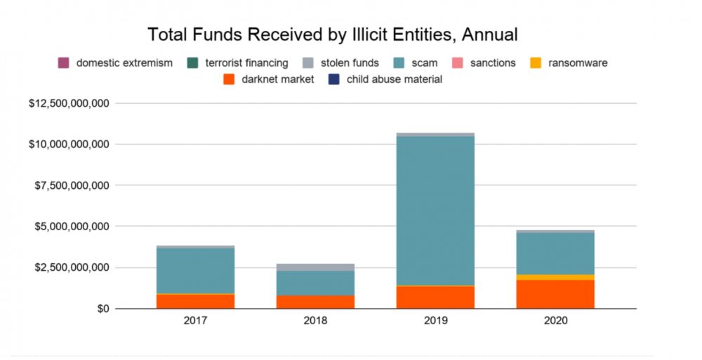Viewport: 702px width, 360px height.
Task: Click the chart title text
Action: pos(333,34)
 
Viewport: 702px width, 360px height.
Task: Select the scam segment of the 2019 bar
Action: pos(435,211)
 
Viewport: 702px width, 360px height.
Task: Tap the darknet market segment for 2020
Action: pos(555,294)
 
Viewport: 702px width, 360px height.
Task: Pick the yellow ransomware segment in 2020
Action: pos(555,277)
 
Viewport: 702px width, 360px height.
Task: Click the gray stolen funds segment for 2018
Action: pos(315,267)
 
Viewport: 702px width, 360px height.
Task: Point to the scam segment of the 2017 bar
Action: pos(195,271)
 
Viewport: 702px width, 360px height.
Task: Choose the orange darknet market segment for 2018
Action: pos(315,302)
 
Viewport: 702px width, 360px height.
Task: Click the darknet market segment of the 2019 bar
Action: pos(435,298)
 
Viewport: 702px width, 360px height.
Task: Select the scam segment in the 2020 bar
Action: pos(555,253)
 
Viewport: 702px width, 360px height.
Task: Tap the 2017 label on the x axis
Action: pos(195,321)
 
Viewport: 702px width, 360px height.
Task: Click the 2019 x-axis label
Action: pos(435,321)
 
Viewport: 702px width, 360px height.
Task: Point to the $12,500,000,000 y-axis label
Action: pos(69,103)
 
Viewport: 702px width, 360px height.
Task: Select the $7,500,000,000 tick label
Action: pos(72,185)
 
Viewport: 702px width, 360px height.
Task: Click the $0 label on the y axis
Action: pos(103,309)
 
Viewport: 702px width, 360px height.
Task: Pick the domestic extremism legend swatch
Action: pos(64,62)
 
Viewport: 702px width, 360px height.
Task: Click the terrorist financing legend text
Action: pos(246,62)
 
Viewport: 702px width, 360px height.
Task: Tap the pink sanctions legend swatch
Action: pos(458,62)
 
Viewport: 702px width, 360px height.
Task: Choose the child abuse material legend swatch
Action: pos(334,79)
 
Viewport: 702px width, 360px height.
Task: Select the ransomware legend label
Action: pos(578,62)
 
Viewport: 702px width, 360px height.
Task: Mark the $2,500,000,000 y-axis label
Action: pos(72,268)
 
